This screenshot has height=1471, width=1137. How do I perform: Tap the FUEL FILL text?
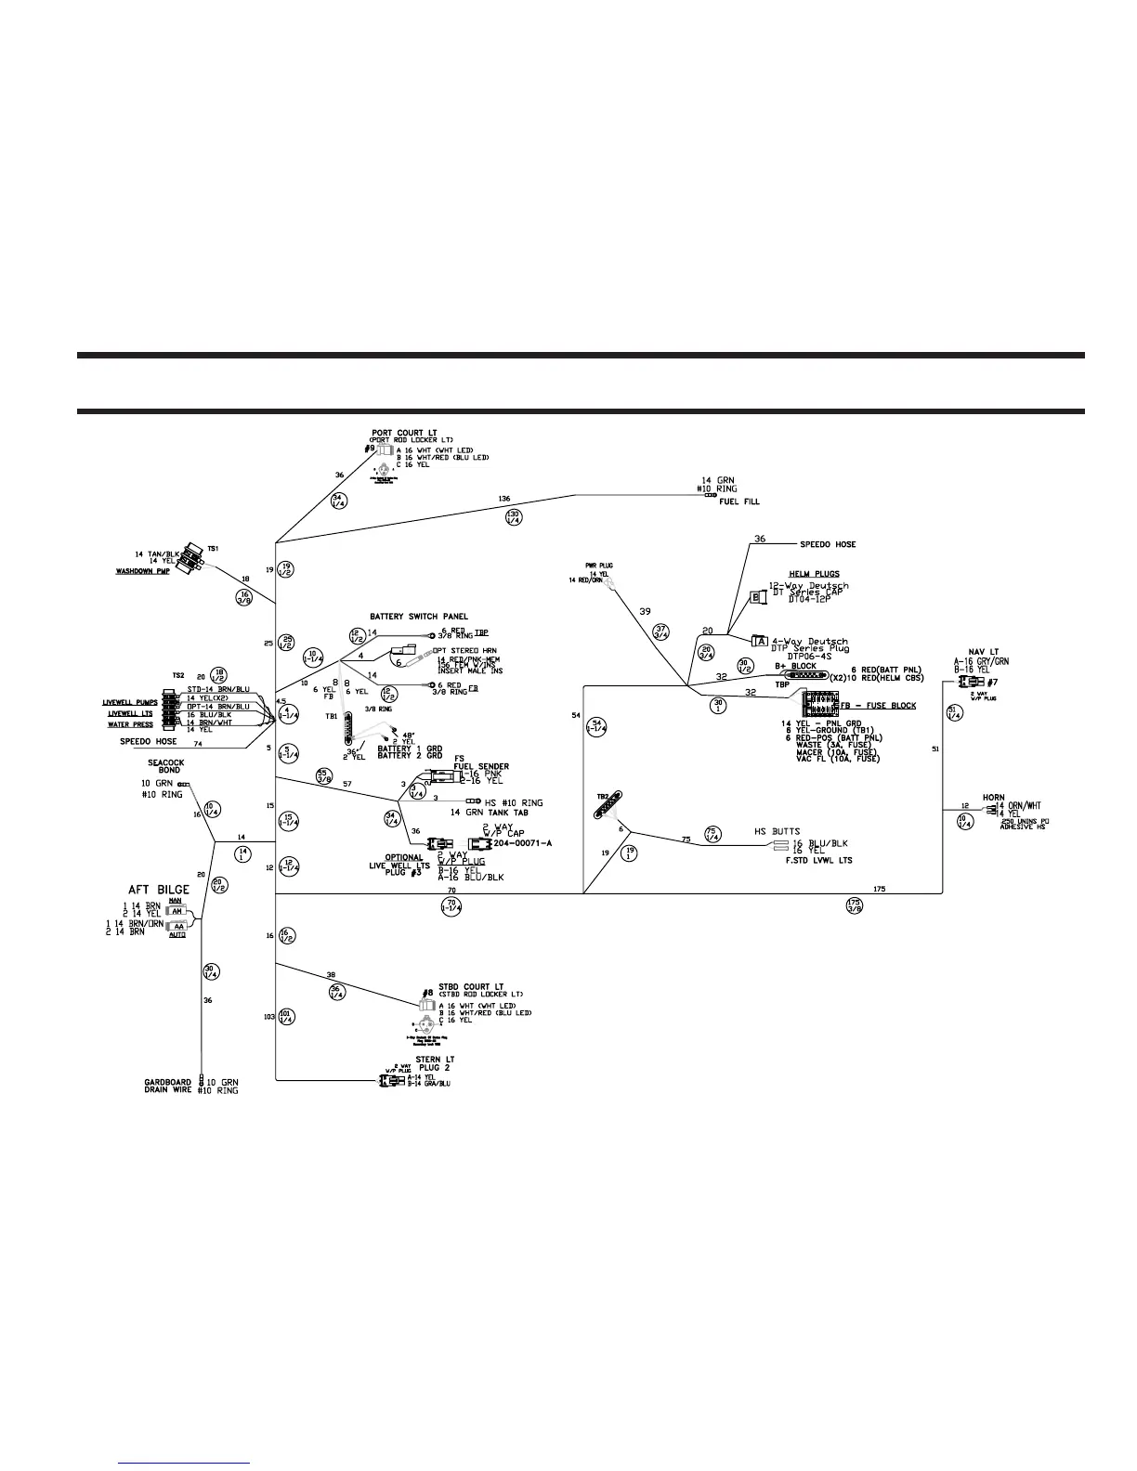pos(738,501)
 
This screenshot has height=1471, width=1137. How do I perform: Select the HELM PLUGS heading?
pos(814,574)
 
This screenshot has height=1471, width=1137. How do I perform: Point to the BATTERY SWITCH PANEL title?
pos(419,616)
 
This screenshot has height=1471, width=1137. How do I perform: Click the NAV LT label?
pos(984,652)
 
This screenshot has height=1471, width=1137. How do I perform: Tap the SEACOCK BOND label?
pos(166,766)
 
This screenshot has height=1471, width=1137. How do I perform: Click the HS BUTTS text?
pos(778,831)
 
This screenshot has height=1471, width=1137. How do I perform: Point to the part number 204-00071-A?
pos(523,843)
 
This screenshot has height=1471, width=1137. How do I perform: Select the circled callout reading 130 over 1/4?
pos(513,516)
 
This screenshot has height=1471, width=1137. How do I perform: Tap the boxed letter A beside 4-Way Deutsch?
pos(759,641)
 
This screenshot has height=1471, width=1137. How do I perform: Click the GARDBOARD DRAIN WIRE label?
pos(168,1086)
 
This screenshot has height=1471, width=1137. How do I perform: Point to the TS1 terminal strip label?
pos(213,550)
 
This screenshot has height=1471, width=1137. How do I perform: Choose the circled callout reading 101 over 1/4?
pos(286,1016)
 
